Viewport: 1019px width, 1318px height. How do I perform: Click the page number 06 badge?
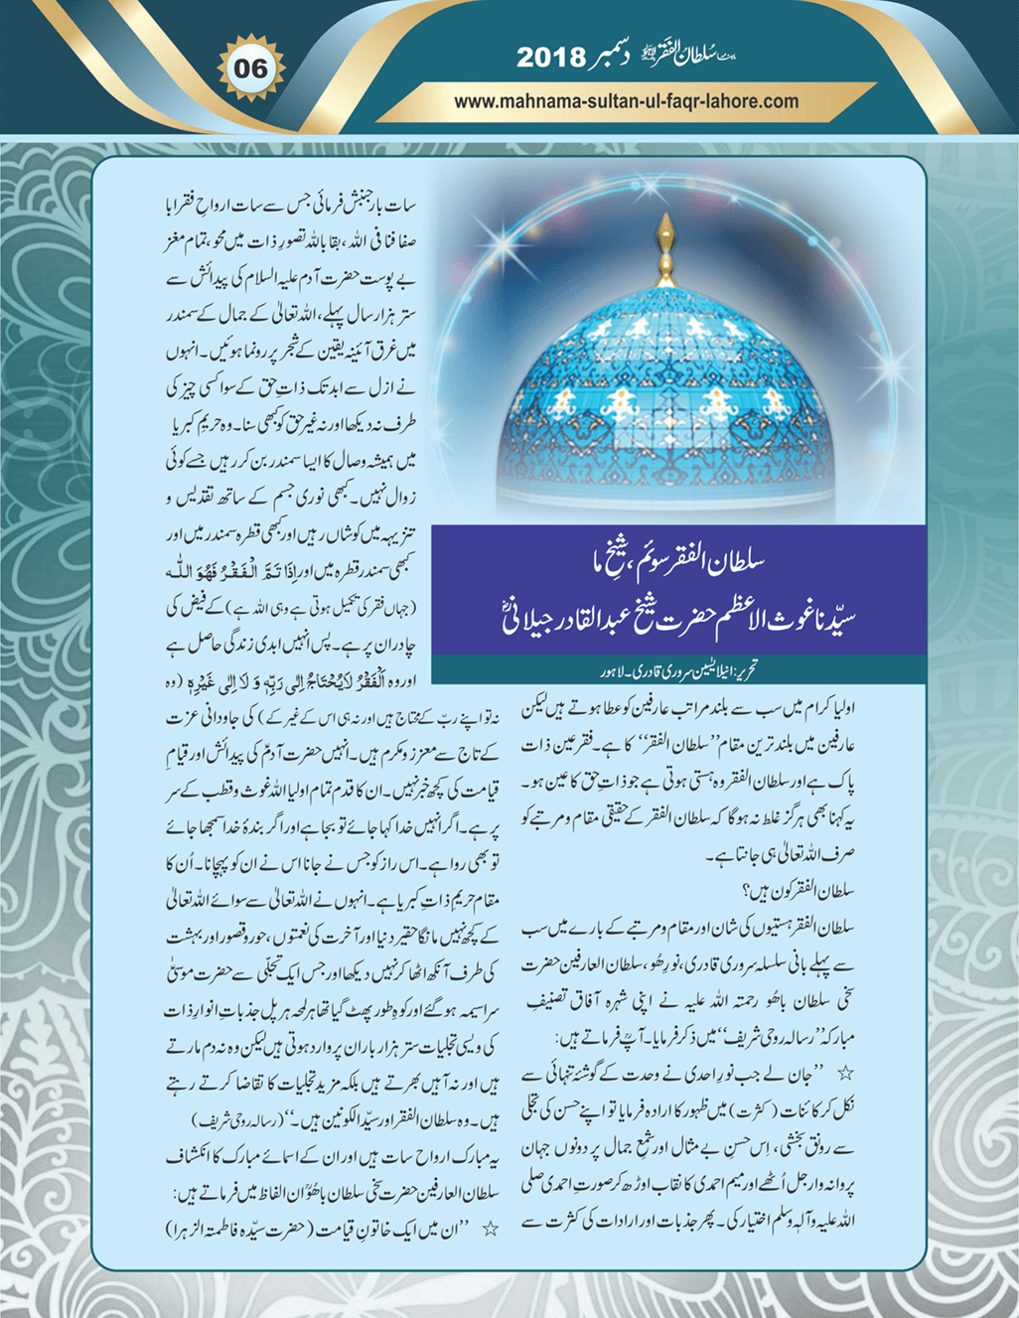251,69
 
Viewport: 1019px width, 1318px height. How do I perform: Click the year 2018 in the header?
552,59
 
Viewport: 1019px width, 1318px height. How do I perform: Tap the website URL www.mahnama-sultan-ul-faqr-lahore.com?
627,101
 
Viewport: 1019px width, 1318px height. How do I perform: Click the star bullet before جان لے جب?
847,1073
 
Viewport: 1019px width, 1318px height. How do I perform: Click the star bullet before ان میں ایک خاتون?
490,1229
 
